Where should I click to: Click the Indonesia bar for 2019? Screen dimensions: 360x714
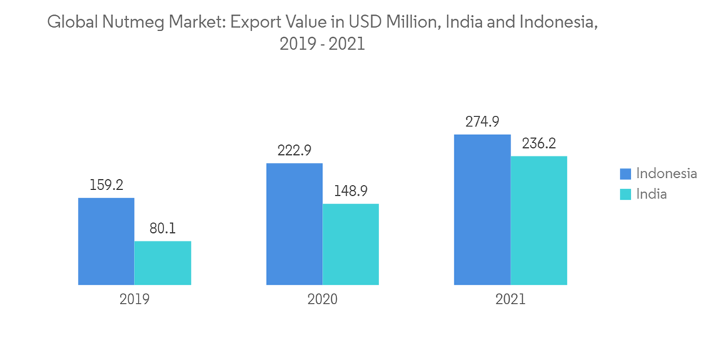click(x=106, y=241)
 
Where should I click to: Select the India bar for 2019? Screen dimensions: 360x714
click(x=163, y=263)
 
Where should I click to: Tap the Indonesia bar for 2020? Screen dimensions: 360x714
click(x=294, y=224)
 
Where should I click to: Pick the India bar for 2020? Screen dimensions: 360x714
click(x=351, y=244)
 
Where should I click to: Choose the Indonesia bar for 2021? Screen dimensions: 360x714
click(x=483, y=210)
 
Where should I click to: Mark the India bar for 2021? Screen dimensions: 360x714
click(x=539, y=221)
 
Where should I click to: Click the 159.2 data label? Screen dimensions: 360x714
click(x=106, y=185)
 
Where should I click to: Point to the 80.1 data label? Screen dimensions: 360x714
click(x=163, y=229)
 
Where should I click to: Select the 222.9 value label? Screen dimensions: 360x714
click(x=294, y=151)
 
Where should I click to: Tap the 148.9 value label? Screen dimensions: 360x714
click(x=351, y=191)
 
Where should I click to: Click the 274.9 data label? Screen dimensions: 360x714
click(x=483, y=122)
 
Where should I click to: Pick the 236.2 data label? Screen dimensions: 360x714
click(x=539, y=144)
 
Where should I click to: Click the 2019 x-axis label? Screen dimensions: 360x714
click(x=134, y=299)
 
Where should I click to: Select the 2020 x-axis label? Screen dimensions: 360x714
click(x=323, y=299)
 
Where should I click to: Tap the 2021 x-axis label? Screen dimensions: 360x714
click(x=511, y=299)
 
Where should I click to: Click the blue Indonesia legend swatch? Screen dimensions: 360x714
click(x=625, y=174)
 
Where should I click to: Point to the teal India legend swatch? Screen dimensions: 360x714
click(x=625, y=194)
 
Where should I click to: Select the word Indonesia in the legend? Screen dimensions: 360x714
click(x=666, y=174)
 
